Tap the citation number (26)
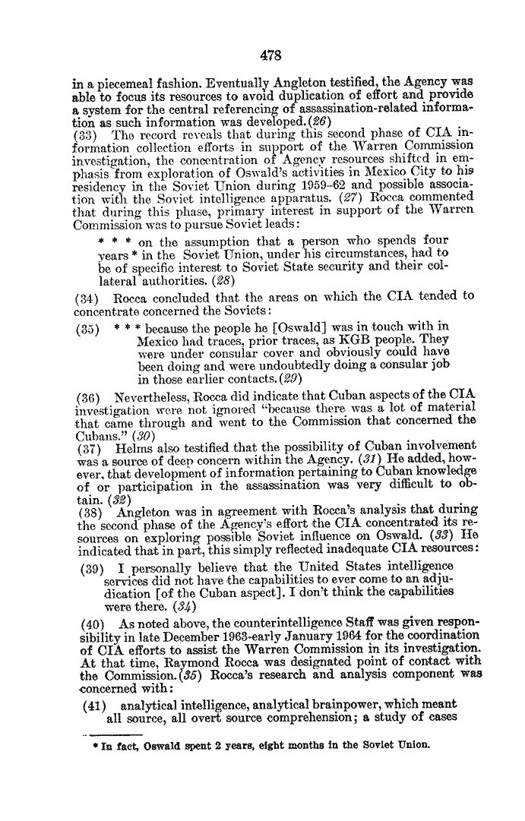[309, 123]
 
